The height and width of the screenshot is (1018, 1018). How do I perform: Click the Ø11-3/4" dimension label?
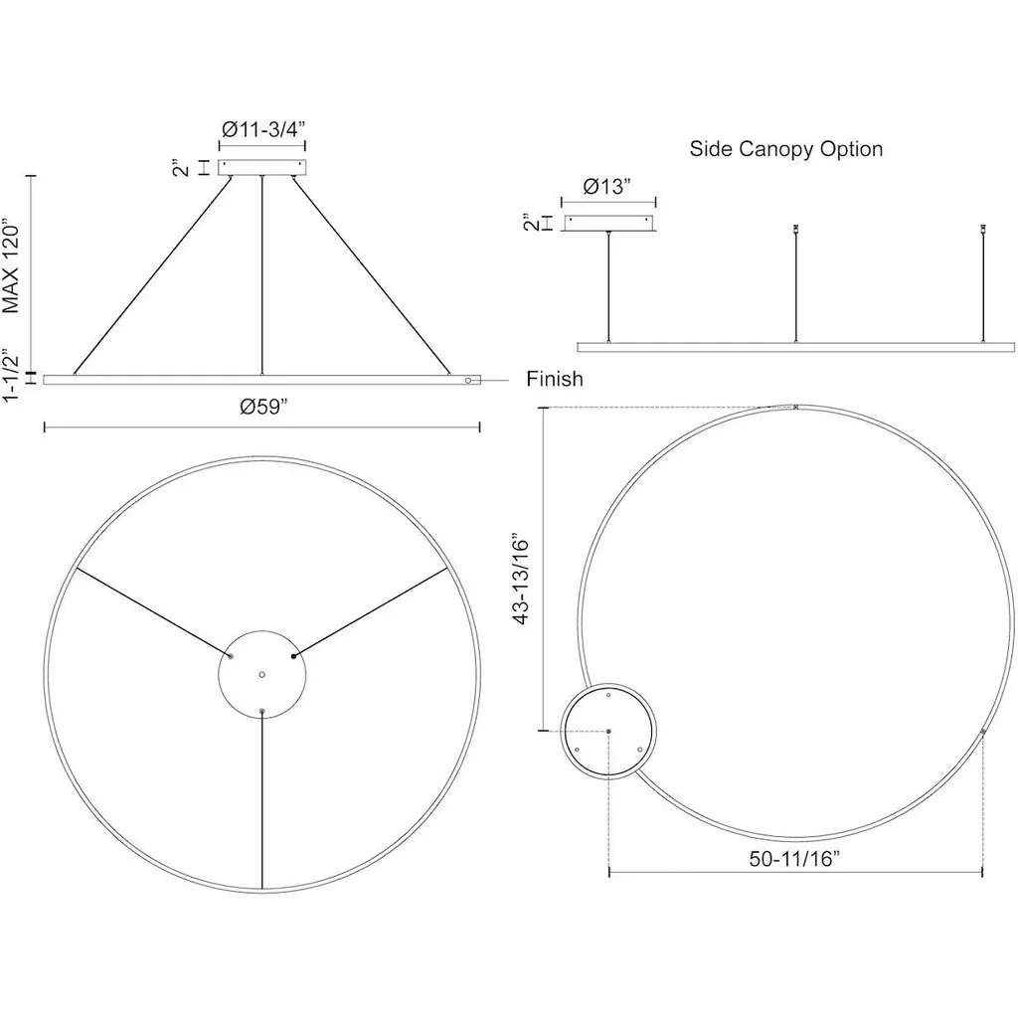click(262, 129)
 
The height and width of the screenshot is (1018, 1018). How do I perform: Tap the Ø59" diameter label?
click(262, 407)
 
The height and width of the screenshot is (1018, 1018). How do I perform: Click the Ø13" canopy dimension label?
click(607, 187)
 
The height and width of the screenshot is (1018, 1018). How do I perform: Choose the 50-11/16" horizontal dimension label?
click(794, 858)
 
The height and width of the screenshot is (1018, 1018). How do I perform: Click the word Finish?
click(555, 379)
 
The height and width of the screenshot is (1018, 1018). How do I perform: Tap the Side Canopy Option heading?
click(785, 149)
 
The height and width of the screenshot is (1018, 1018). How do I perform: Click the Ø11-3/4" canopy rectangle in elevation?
click(262, 167)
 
